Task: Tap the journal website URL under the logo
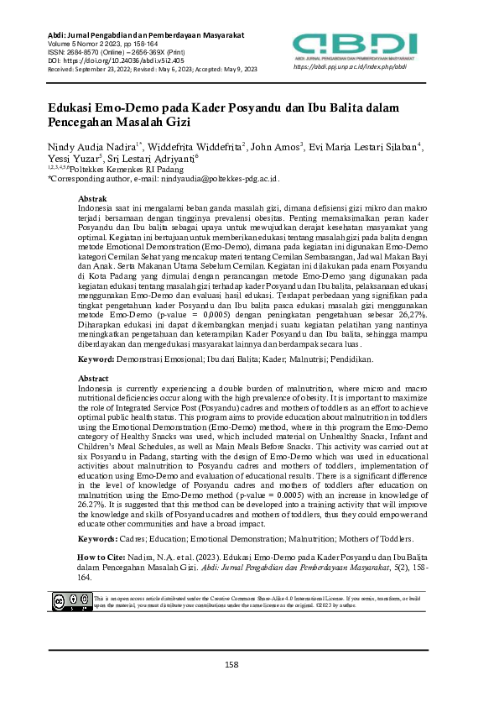click(x=350, y=66)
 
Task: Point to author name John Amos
click(x=276, y=146)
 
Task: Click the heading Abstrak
click(x=91, y=198)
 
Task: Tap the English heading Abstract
click(x=93, y=402)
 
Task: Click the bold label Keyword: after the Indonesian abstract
click(x=96, y=382)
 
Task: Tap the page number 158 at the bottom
click(x=232, y=664)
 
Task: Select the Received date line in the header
click(x=152, y=69)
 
